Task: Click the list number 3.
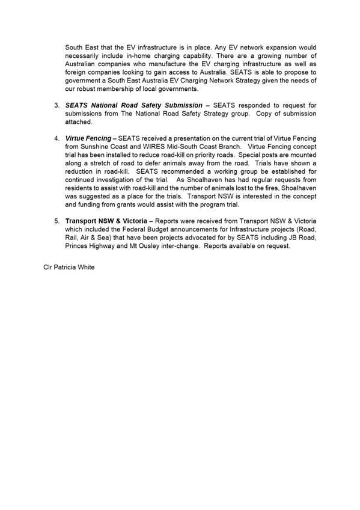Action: click(56, 105)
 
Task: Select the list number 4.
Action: click(56, 138)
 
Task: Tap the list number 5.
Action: click(56, 221)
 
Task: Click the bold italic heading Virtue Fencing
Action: click(88, 138)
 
